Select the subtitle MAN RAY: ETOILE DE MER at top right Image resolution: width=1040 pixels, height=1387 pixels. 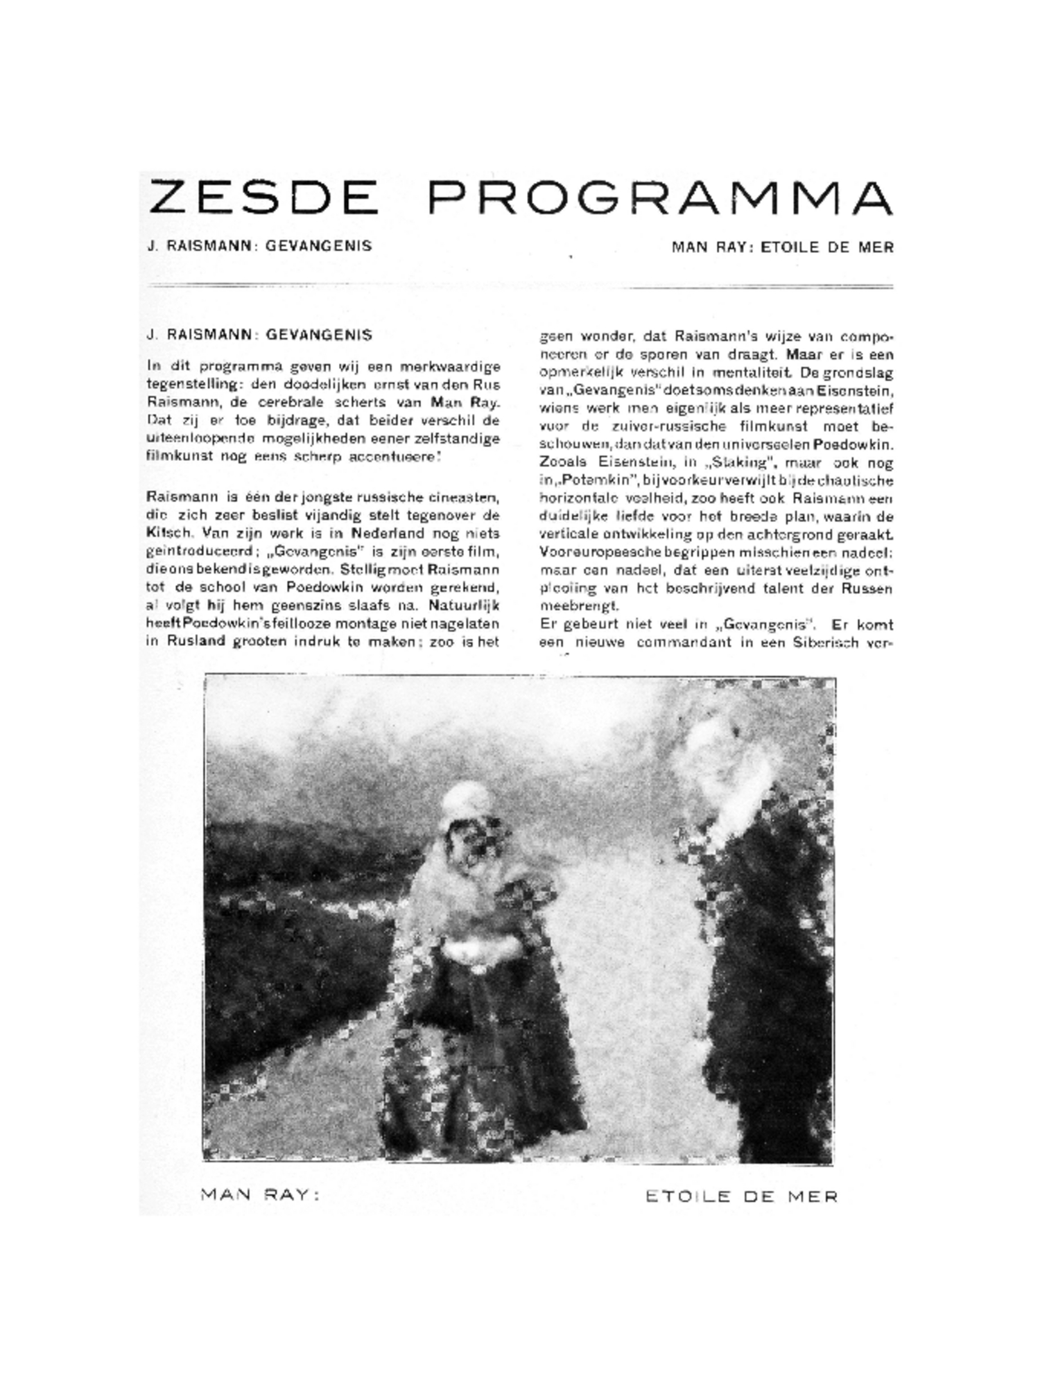(x=782, y=247)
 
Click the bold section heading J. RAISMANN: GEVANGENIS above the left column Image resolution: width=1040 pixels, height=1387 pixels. (x=259, y=335)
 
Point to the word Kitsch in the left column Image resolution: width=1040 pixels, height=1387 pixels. (x=163, y=534)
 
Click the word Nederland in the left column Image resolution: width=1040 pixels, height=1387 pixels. (x=385, y=534)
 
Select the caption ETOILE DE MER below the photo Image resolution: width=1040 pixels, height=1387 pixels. (x=741, y=1196)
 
